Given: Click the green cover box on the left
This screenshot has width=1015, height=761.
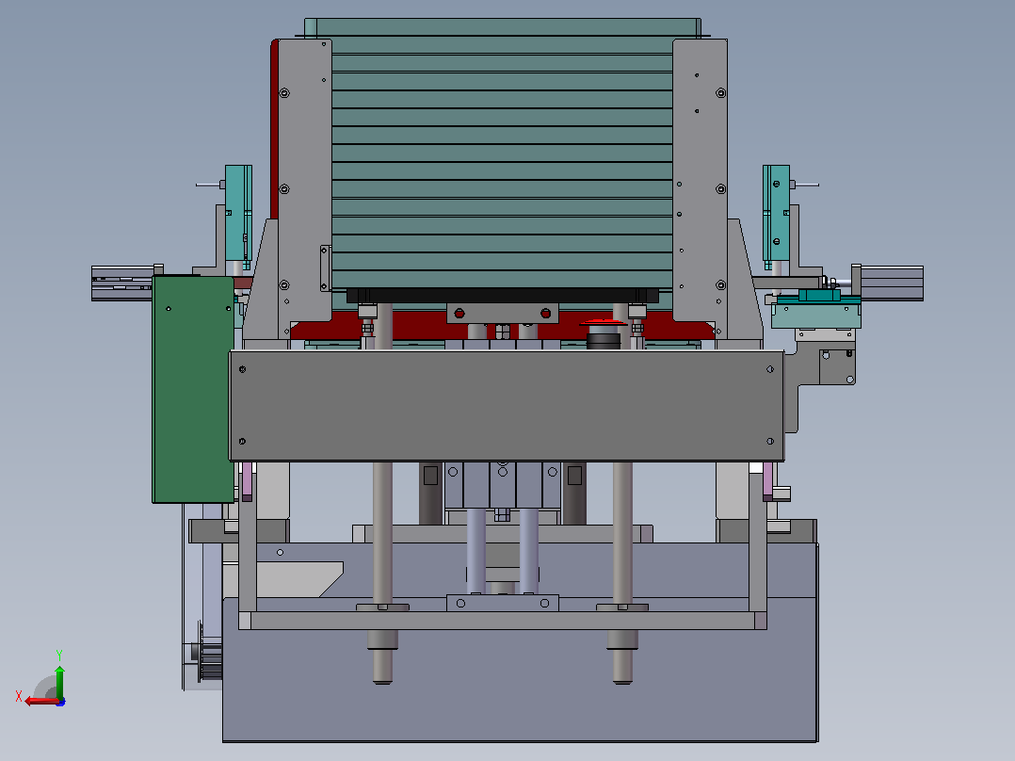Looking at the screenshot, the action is coord(193,389).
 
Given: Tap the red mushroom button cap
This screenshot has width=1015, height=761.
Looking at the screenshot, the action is coord(603,321).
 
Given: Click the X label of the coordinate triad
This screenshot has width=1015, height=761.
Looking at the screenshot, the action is coord(19,696).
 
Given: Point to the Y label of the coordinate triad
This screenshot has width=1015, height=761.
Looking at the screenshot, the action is coord(59,655).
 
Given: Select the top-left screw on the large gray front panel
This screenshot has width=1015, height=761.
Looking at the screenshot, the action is coord(243,369).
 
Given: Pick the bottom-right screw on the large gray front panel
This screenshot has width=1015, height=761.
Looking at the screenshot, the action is coord(770,441).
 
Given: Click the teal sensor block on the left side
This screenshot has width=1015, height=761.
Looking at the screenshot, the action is coord(238,214).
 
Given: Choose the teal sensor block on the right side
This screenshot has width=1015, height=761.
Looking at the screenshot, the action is coord(776,214).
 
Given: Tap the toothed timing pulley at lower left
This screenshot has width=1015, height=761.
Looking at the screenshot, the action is coord(208,652).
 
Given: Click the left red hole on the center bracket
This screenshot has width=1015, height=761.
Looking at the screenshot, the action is coord(459,314).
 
